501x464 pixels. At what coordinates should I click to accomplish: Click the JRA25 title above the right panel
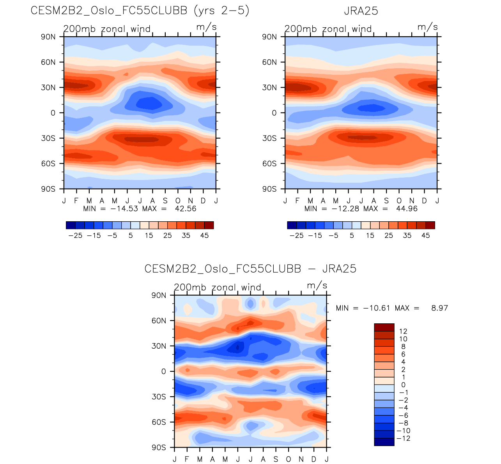[361, 11]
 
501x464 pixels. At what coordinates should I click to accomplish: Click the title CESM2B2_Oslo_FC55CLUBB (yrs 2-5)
[140, 11]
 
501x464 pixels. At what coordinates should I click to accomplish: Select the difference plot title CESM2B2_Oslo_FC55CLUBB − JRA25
[250, 269]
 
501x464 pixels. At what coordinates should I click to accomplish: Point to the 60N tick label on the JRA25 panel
[269, 62]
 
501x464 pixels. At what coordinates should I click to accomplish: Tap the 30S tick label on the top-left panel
[48, 138]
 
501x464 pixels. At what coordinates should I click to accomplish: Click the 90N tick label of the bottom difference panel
[159, 295]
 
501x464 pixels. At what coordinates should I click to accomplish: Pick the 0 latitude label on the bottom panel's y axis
[163, 371]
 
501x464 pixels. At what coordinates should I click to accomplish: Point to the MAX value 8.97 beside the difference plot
[439, 308]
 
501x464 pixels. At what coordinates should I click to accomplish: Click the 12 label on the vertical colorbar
[403, 332]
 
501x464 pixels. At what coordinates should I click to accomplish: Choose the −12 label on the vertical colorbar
[403, 438]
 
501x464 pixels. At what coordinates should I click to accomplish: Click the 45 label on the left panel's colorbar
[204, 236]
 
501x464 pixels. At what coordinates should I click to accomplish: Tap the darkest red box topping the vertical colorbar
[384, 327]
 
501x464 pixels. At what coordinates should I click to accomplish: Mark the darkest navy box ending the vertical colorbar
[384, 442]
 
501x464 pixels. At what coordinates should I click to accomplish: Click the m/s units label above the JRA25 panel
[428, 27]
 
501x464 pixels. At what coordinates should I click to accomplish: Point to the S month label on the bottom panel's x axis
[276, 459]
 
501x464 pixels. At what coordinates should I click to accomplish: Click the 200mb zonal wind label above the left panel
[107, 29]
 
